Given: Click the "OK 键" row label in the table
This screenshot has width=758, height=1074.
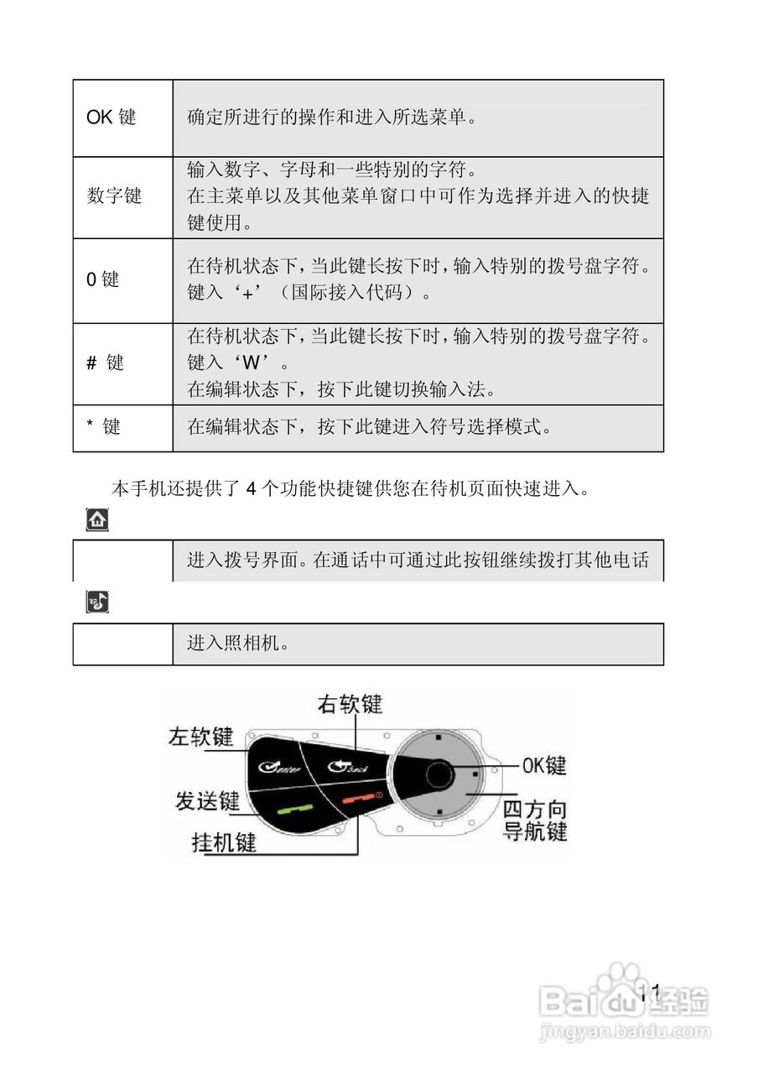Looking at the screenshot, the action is pos(111,117).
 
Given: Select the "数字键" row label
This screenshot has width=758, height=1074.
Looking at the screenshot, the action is pos(115,196).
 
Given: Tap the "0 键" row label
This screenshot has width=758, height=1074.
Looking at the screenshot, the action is pos(103,279).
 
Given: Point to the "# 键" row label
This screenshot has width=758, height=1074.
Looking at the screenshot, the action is pos(105,362).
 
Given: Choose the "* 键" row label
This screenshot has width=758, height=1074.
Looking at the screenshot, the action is pos(103,427).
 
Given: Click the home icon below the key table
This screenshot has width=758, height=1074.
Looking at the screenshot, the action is pos(97,520).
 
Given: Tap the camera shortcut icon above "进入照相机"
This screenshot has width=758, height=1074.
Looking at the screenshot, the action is pos(97,602).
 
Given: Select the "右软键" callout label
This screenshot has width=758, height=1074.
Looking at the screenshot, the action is pos(350,704).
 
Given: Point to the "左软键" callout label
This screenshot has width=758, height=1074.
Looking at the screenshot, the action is pos(200,736).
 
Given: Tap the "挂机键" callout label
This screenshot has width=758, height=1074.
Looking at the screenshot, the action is pos(224,842).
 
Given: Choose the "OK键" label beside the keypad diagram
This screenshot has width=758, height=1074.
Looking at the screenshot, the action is pos(544,765).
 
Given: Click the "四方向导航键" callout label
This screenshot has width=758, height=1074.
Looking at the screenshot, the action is pos(534,821).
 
